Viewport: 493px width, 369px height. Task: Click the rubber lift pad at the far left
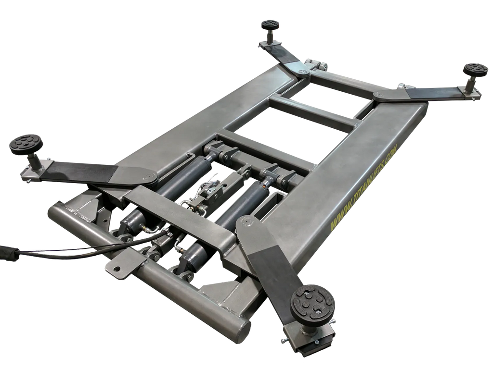tap(24, 145)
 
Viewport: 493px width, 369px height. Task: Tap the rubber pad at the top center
tap(270, 25)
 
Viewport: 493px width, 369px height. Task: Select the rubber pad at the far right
tap(476, 69)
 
